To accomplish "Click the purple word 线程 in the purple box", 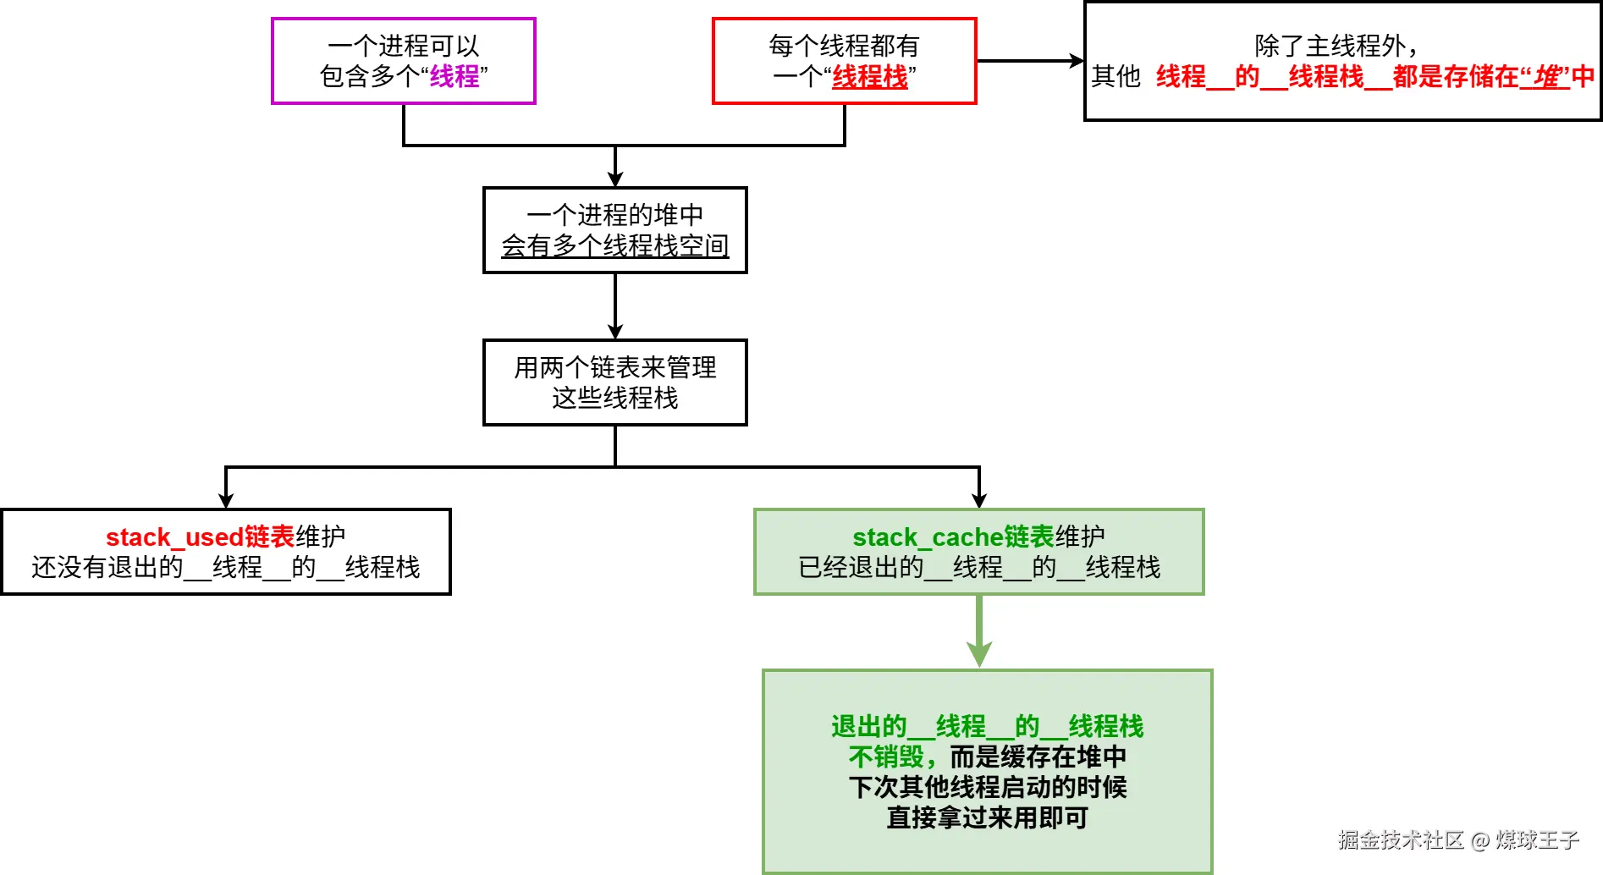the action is (x=454, y=76).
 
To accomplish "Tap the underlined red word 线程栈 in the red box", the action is (x=870, y=77).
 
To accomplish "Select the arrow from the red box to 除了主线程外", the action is (x=1030, y=61).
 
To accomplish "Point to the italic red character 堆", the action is (x=1550, y=77).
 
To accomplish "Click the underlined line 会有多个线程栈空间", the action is (x=615, y=245).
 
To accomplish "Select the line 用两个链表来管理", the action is (x=615, y=367).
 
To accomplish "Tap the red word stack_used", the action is (x=174, y=537).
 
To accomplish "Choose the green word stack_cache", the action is (x=928, y=537).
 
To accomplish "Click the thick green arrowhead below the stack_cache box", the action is (x=979, y=654).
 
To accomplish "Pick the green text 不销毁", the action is (x=886, y=757).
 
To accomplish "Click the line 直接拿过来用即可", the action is (x=988, y=817).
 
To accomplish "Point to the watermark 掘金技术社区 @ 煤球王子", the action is (x=1458, y=839).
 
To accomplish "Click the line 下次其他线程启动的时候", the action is (x=988, y=787).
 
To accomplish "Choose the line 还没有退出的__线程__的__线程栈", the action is (x=226, y=567).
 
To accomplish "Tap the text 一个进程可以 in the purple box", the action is (x=404, y=46).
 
